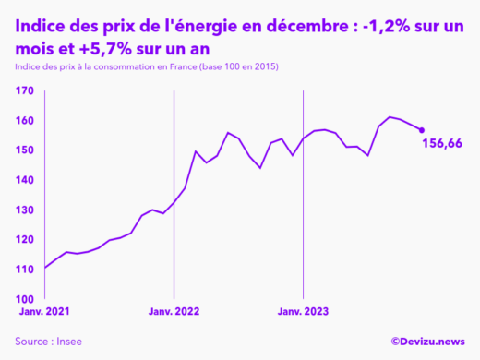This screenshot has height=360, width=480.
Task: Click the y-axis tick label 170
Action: click(x=25, y=90)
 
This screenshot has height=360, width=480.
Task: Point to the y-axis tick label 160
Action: click(x=25, y=120)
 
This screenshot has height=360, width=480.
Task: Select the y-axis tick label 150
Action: click(x=25, y=150)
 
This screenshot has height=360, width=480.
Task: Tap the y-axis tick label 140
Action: click(x=25, y=180)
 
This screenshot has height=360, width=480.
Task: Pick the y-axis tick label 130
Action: click(x=25, y=210)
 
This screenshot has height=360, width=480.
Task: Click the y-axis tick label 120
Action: click(x=25, y=240)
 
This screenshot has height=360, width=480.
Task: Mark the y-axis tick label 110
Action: click(x=25, y=270)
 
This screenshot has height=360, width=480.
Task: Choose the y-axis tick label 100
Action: click(x=25, y=299)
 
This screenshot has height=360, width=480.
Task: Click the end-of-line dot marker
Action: click(x=422, y=129)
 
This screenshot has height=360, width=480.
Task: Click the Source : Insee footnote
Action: click(x=48, y=342)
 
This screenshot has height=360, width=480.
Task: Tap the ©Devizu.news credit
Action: click(x=427, y=342)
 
